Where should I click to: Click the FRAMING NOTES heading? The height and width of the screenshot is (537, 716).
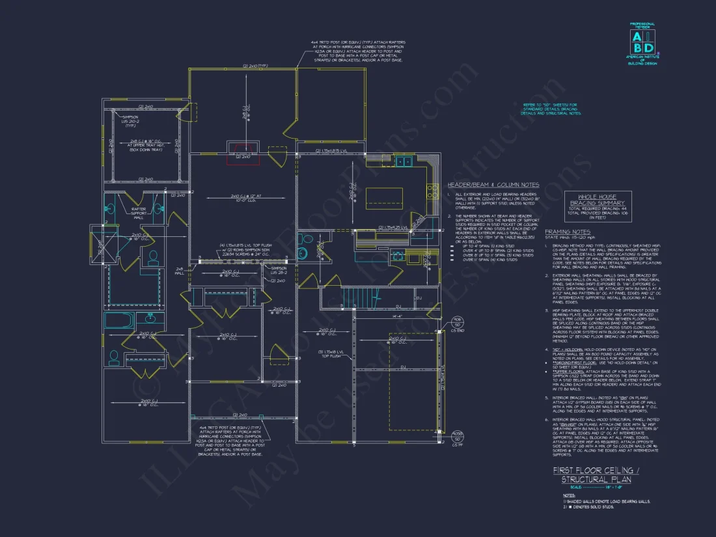(568, 232)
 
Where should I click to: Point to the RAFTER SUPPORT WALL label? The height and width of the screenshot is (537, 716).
(139, 212)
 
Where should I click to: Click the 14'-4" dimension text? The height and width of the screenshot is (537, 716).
(396, 316)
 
